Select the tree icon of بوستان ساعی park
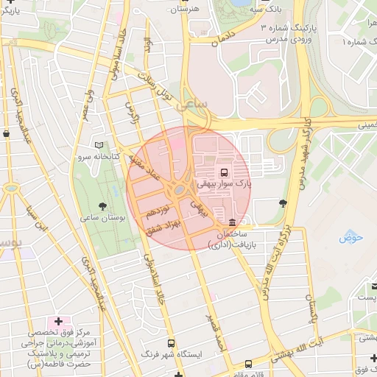point(102,206)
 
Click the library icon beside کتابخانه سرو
point(99,145)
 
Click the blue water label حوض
point(352,237)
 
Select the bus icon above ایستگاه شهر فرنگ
point(172,343)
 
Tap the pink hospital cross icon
point(58,321)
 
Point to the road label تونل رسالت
point(159,85)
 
